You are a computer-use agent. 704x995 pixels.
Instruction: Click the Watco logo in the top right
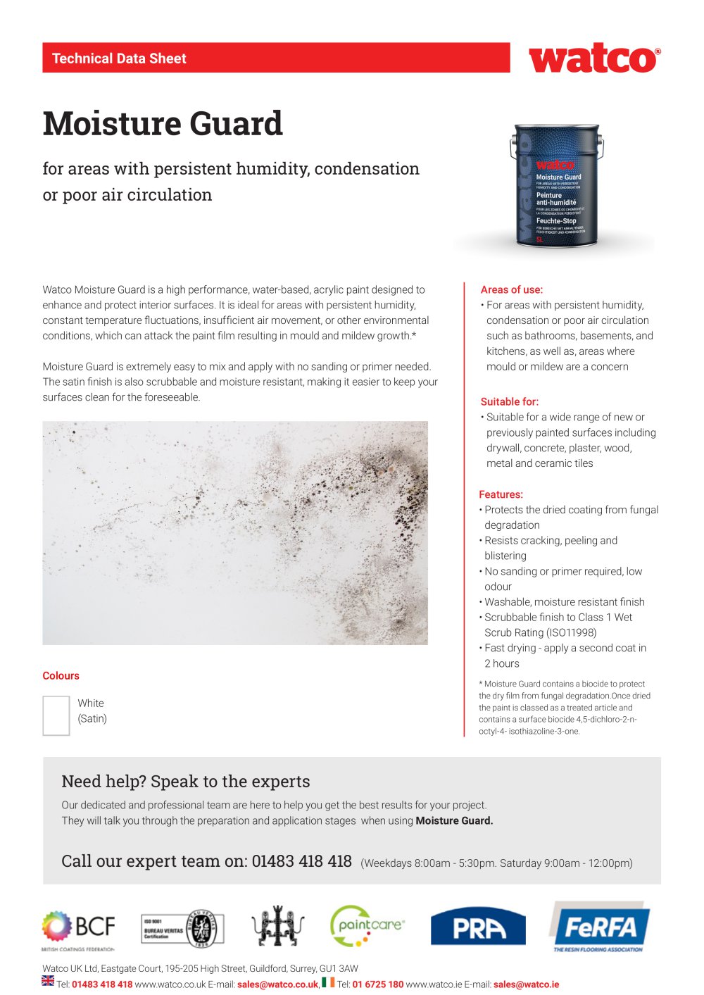[594, 59]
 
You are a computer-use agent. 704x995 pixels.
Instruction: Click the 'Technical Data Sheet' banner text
[119, 58]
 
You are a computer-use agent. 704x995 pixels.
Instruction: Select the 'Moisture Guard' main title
[163, 123]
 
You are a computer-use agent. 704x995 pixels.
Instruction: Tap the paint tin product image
[556, 187]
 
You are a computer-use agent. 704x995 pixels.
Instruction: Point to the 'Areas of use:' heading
[512, 289]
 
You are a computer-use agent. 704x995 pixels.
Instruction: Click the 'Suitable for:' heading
[509, 401]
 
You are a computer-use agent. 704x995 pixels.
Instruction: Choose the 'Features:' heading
[501, 494]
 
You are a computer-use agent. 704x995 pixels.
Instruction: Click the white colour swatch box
[56, 715]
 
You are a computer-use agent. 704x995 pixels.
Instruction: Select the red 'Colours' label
[61, 675]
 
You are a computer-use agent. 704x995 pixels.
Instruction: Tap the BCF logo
[78, 928]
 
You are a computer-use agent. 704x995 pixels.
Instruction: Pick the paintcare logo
[367, 926]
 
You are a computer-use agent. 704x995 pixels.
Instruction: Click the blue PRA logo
[478, 927]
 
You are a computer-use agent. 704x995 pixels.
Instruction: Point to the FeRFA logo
[599, 927]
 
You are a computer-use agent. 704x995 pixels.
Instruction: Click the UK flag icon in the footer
[48, 980]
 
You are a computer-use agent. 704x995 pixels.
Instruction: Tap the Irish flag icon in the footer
[328, 982]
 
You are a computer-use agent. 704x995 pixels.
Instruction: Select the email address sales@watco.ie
[526, 984]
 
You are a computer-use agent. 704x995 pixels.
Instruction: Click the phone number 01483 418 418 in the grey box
[301, 861]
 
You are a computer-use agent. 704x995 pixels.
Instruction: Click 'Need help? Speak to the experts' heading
[186, 781]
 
